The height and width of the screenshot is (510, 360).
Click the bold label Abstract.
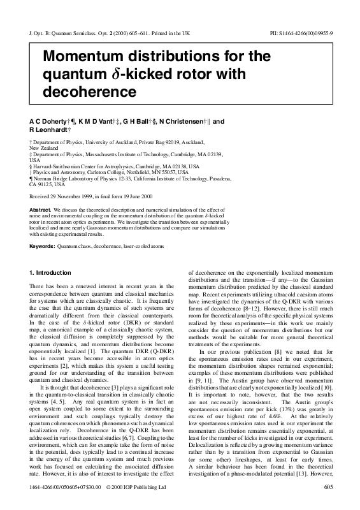(40, 208)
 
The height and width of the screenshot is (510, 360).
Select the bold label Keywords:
(42, 245)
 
